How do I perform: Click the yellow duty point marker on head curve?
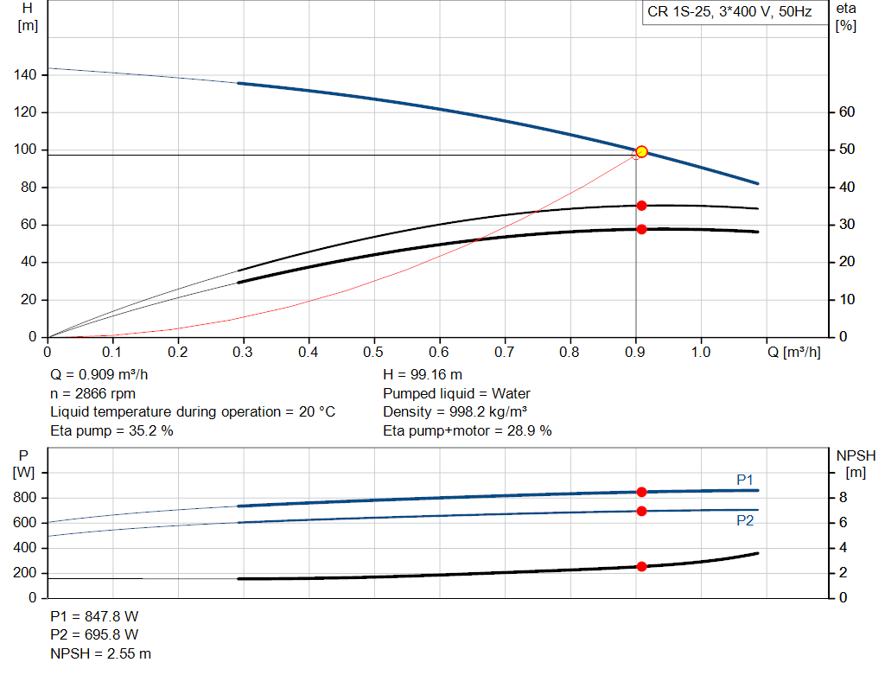tap(641, 152)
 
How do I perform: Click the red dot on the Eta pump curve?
tap(641, 206)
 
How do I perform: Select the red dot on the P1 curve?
tap(641, 492)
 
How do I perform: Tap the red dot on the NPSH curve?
tap(641, 566)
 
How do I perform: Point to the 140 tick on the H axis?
tap(26, 75)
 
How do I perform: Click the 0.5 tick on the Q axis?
tap(373, 353)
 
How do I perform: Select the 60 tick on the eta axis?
tap(846, 112)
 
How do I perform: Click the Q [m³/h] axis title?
tap(793, 353)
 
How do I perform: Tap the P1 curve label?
tap(745, 479)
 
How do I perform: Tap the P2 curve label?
tap(745, 521)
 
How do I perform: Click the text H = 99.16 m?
tap(422, 375)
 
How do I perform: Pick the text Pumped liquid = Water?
tap(456, 394)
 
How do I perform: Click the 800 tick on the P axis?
tap(26, 498)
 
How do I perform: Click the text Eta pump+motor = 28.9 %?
tap(467, 430)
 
